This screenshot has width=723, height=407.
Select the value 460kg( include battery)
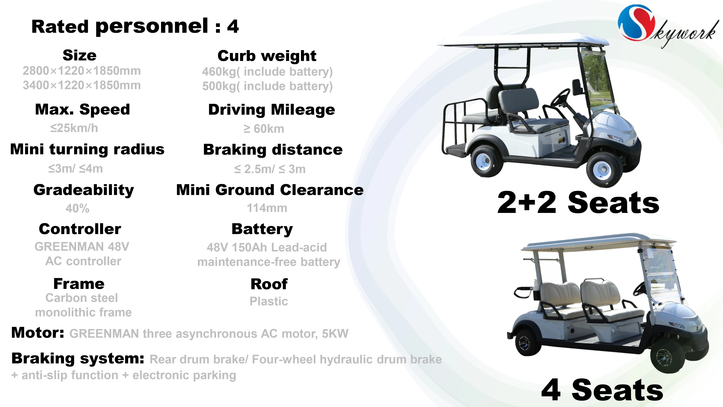click(x=267, y=72)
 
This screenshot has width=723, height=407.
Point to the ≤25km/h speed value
click(x=74, y=128)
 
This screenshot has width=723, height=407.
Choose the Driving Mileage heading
click(x=271, y=110)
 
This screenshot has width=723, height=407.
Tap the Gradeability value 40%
click(x=78, y=208)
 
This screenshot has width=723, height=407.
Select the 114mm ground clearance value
click(x=267, y=208)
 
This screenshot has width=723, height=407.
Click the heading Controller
click(x=80, y=229)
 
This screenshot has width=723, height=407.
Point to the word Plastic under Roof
click(x=269, y=301)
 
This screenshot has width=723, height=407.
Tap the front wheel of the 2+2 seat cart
click(x=603, y=169)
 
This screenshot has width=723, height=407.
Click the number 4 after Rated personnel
click(x=233, y=27)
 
